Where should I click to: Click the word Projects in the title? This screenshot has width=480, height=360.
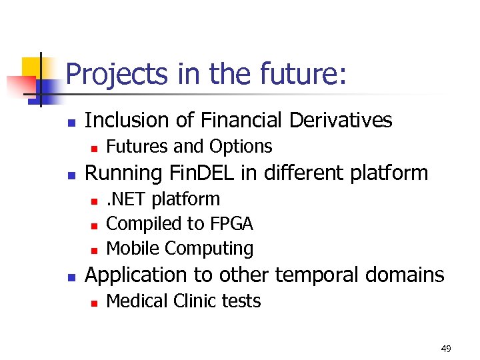point(117,74)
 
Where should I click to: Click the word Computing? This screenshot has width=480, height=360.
point(209,249)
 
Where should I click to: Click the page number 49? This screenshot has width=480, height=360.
point(446,349)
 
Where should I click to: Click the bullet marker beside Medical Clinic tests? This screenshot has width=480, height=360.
point(95,303)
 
